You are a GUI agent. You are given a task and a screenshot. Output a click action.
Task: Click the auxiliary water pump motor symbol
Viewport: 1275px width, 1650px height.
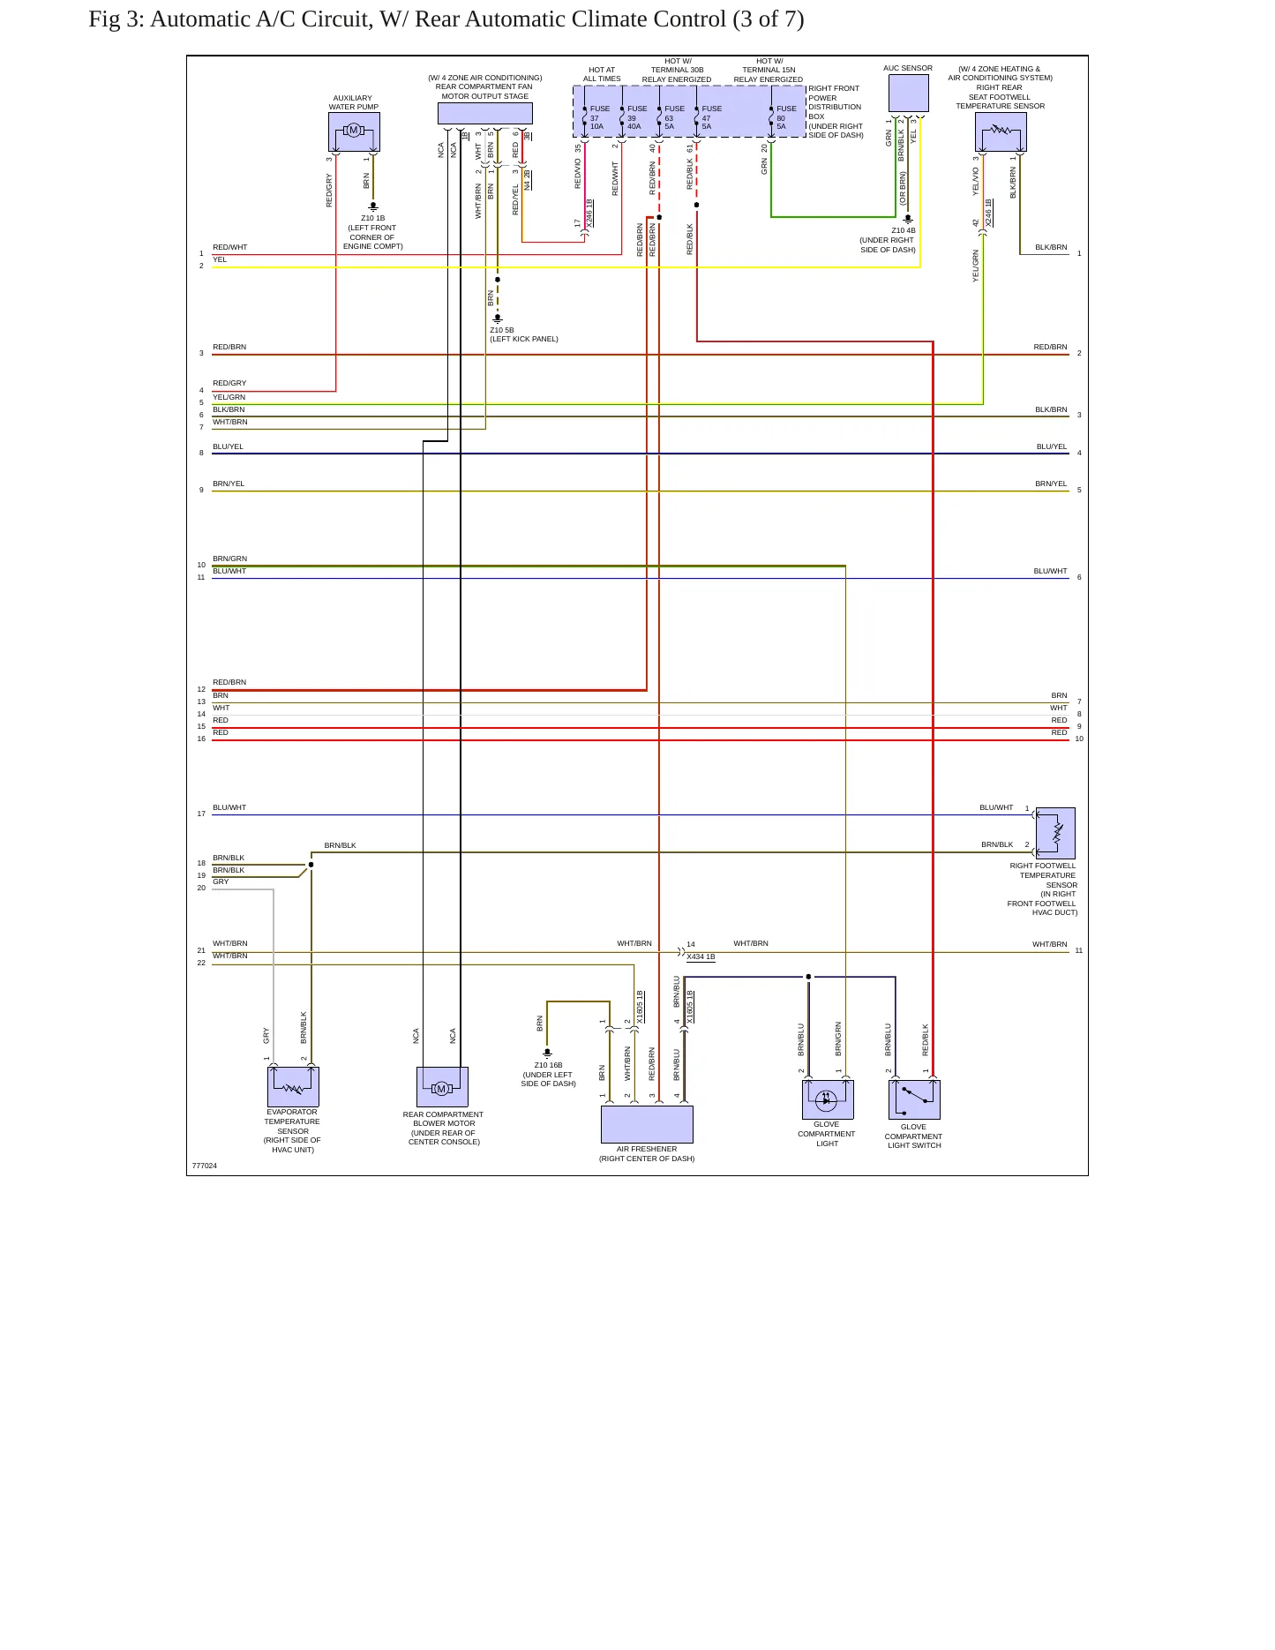coord(354,132)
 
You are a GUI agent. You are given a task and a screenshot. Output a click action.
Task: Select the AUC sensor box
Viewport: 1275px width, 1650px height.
coord(908,94)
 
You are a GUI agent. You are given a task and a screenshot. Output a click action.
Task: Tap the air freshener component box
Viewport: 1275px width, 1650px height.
coord(647,1124)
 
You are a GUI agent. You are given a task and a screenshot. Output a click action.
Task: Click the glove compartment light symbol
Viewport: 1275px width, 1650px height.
coord(828,1099)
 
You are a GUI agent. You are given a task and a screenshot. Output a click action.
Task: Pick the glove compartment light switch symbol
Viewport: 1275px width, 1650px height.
coord(914,1099)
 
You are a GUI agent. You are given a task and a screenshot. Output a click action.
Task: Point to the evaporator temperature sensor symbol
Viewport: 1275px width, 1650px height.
coord(293,1087)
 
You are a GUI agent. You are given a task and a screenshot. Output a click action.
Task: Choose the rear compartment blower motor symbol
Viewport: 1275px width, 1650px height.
coord(442,1087)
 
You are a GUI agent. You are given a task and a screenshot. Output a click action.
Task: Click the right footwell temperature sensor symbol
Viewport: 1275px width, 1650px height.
coord(1055,833)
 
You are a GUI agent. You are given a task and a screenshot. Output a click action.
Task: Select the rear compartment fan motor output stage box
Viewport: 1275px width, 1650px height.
coord(485,114)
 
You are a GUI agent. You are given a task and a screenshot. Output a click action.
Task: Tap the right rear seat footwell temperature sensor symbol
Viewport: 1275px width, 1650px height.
coord(1001,132)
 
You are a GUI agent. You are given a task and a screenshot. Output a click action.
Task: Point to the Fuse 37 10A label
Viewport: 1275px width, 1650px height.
coord(599,117)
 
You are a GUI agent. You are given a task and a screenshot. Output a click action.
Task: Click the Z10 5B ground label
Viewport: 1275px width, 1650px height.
coord(502,330)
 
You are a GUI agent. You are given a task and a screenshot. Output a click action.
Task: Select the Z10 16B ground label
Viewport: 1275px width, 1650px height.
coord(548,1065)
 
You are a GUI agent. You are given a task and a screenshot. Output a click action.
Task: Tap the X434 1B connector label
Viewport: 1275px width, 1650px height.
coord(701,956)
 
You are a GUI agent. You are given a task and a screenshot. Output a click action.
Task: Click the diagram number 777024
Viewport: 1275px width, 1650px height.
coord(205,1166)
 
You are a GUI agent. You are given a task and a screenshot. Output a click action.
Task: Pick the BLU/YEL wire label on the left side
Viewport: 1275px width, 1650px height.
coord(228,446)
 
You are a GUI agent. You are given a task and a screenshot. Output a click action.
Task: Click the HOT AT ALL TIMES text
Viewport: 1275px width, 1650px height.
coord(602,74)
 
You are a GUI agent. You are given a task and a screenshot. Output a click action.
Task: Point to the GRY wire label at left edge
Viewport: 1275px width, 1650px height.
coord(221,881)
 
